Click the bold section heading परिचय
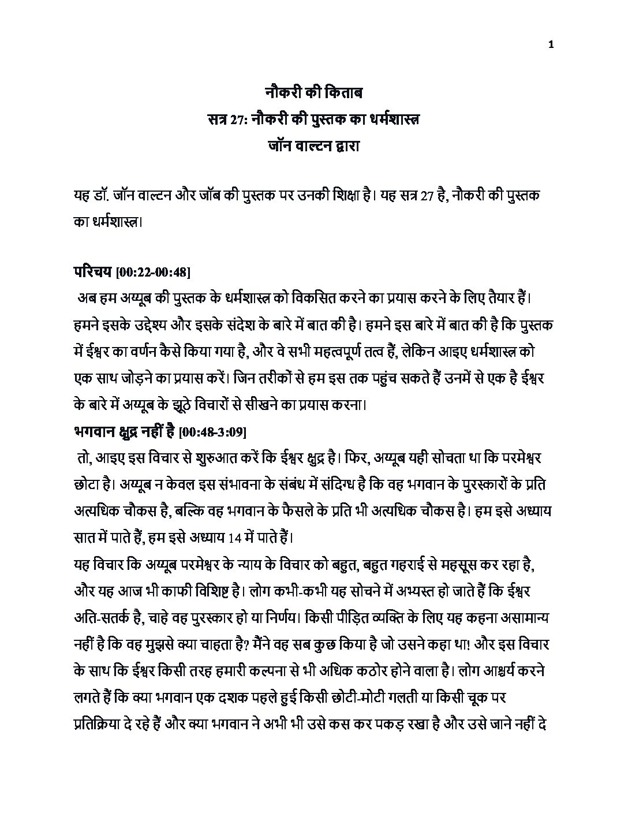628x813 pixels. point(92,271)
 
